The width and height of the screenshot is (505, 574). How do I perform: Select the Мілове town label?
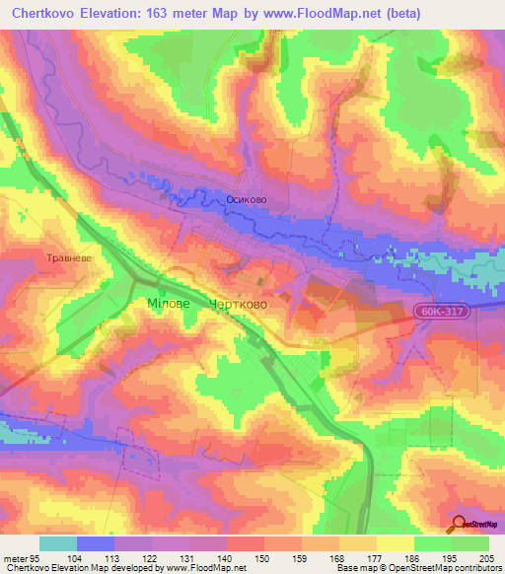[x=169, y=305]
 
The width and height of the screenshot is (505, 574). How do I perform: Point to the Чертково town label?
[x=239, y=305]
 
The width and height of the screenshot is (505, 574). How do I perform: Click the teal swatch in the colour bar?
[x=58, y=543]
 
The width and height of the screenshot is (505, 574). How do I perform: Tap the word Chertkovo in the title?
[x=40, y=14]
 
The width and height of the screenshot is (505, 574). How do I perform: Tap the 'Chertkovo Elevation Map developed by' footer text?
[x=83, y=568]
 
